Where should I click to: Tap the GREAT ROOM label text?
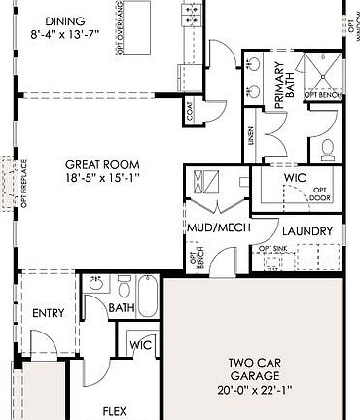tap(101, 165)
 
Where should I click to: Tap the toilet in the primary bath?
tap(328, 150)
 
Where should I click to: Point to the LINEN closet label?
tap(252, 137)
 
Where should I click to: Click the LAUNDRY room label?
tap(307, 231)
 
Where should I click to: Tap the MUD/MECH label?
tap(219, 227)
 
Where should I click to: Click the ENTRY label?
tap(49, 313)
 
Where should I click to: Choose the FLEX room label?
tap(115, 411)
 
